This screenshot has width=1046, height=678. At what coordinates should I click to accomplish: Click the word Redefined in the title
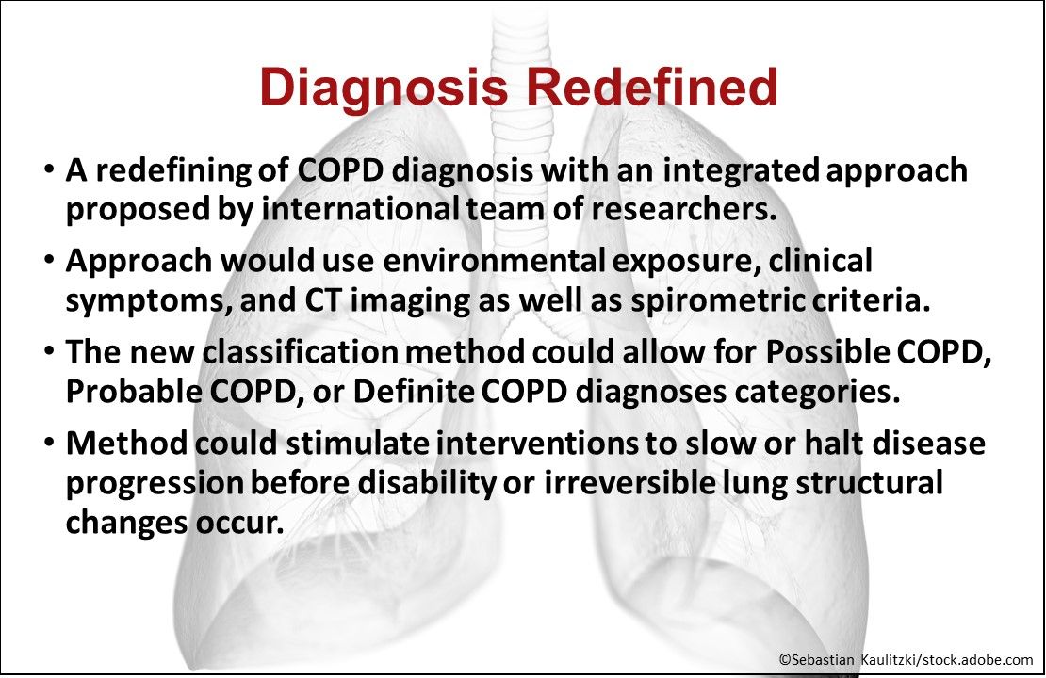pyautogui.click(x=651, y=87)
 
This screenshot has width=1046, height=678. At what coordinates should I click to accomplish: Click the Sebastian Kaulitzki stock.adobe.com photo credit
pyautogui.click(x=905, y=660)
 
